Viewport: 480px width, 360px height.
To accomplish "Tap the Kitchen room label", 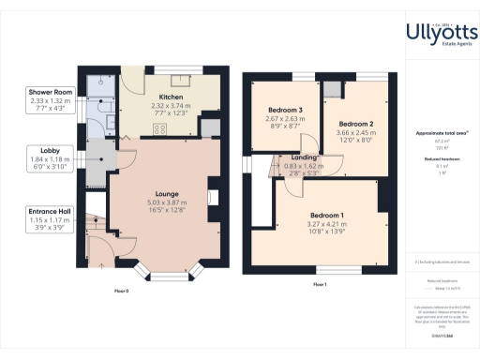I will coord(170,97).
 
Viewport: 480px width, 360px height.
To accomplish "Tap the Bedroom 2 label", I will coord(357,125).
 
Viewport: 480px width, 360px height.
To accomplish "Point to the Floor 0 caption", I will coord(121,292).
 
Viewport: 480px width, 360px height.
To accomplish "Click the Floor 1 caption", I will coord(320,284).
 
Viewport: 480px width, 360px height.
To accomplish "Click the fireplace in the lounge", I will coord(213,198).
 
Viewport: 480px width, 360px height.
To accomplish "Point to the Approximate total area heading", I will coord(442,133).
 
